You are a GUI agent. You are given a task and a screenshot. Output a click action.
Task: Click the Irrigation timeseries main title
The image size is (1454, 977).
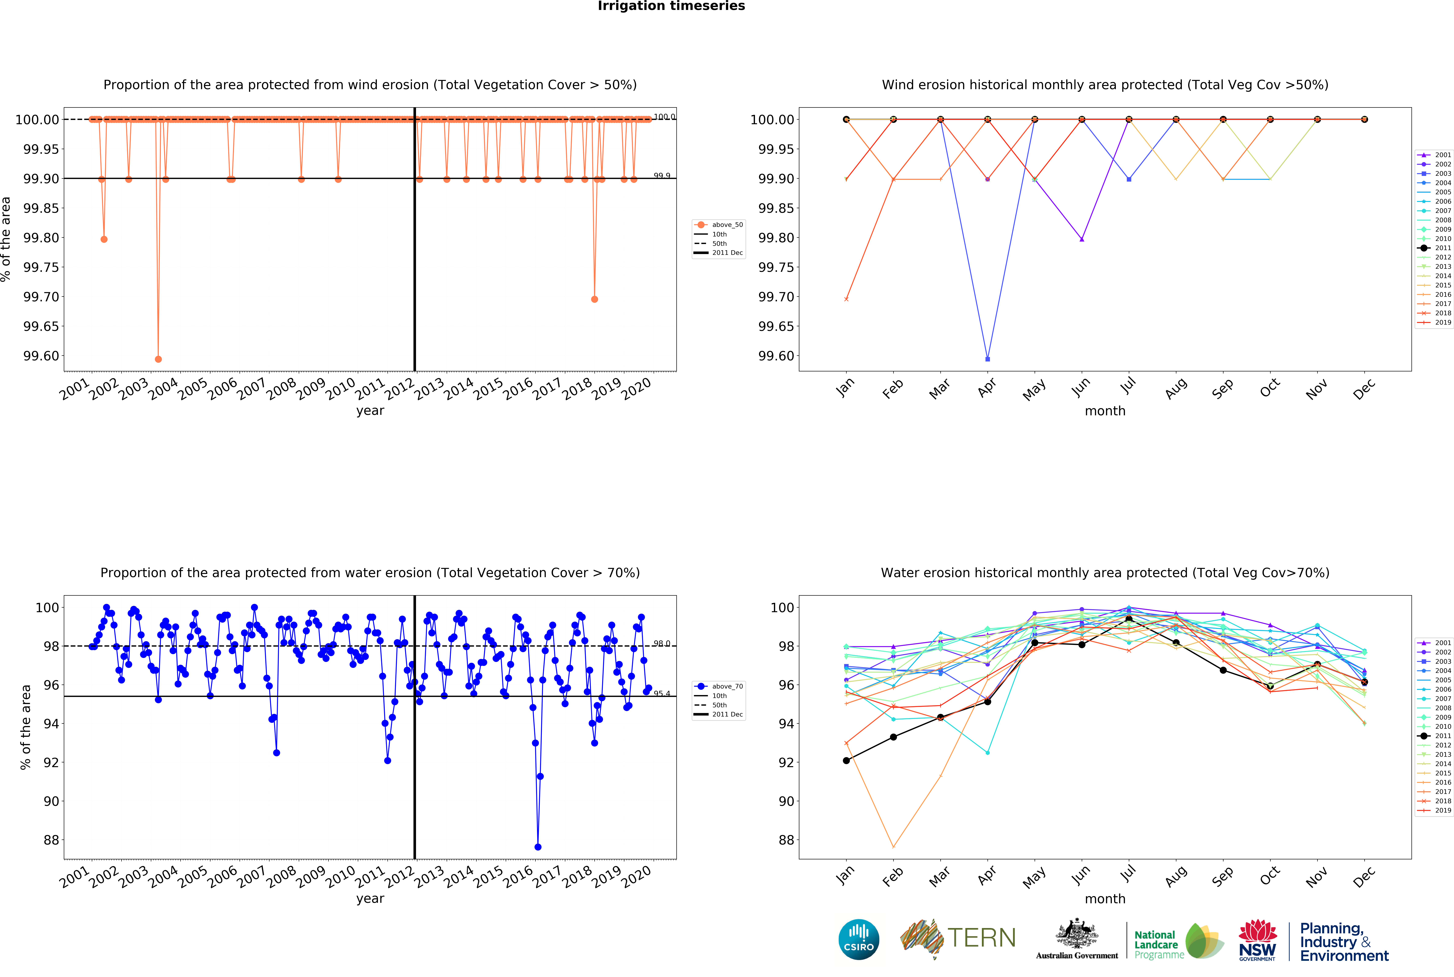click(671, 6)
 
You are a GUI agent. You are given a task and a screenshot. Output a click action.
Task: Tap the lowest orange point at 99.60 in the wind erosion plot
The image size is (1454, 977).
click(158, 359)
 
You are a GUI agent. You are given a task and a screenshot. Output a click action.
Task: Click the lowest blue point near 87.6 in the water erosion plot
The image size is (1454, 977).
click(538, 847)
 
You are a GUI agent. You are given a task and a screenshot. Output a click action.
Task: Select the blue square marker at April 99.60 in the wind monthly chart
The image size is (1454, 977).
click(987, 359)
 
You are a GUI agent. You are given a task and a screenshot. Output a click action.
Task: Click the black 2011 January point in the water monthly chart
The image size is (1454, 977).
click(846, 760)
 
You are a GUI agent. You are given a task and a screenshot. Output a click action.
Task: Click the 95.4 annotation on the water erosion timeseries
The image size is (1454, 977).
click(662, 694)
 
